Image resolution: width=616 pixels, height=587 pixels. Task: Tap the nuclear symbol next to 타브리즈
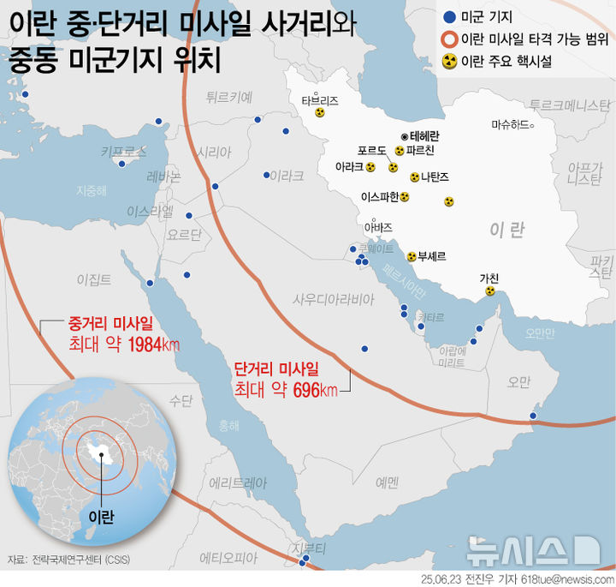pos(320,112)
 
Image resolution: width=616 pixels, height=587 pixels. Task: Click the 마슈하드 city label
pos(511,124)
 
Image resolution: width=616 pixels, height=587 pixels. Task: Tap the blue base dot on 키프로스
pos(122,163)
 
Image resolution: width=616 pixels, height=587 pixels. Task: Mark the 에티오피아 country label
pos(228,557)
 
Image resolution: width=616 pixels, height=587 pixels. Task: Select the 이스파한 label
pos(380,196)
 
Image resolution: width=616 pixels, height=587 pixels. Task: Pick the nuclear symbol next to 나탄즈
pos(414,177)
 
